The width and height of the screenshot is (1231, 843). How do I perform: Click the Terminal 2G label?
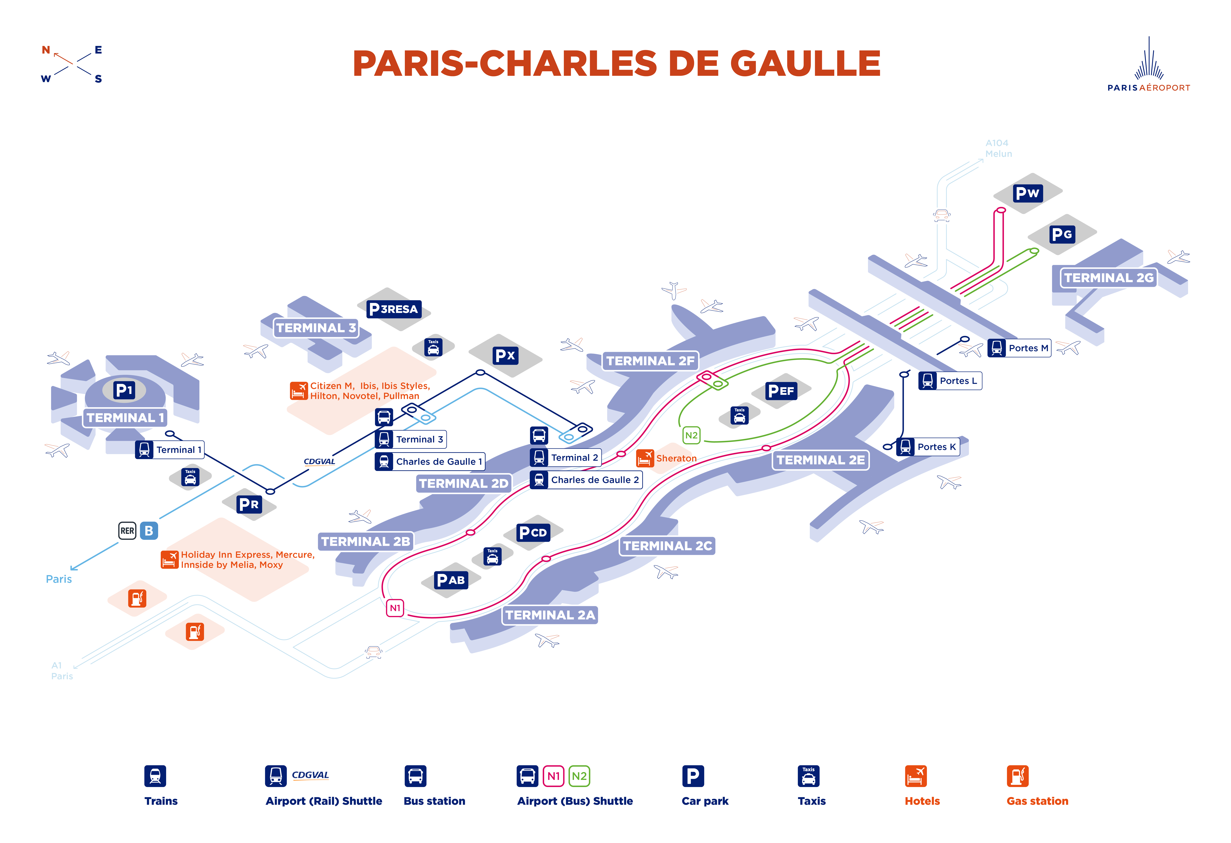pos(1109,278)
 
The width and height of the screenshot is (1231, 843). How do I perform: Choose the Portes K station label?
pos(928,447)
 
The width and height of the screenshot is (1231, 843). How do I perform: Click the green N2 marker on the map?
pos(691,435)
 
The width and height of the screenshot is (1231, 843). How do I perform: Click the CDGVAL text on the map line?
pos(319,462)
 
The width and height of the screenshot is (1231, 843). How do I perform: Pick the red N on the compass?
pos(46,50)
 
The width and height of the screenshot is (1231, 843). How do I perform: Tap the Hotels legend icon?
pos(916,776)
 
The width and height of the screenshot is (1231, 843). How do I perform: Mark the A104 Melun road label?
pos(998,148)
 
